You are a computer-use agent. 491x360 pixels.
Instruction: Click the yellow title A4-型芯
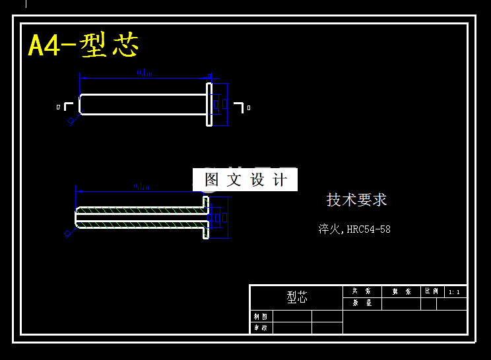point(83,45)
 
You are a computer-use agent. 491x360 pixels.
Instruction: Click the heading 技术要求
point(356,200)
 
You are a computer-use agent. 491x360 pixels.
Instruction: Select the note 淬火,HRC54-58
point(354,229)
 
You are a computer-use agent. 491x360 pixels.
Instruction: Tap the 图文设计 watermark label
point(245,179)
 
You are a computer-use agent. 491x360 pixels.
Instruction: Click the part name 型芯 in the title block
point(297,297)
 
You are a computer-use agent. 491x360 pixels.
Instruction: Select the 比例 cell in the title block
point(430,291)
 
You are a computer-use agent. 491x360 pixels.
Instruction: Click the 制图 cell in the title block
point(261,316)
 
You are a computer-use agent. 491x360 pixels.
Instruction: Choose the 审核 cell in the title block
point(261,328)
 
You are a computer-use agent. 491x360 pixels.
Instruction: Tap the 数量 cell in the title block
point(362,303)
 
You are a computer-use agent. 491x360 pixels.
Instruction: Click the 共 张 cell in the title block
point(362,291)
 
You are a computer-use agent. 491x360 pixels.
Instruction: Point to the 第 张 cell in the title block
point(401,291)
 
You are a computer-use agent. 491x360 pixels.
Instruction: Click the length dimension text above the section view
point(142,187)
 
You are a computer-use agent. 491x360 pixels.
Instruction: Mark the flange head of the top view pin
point(209,104)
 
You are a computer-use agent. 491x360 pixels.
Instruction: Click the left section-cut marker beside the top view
point(67,106)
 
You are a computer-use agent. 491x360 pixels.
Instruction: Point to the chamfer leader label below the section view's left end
point(68,233)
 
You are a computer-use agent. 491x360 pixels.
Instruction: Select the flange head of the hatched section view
point(205,217)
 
